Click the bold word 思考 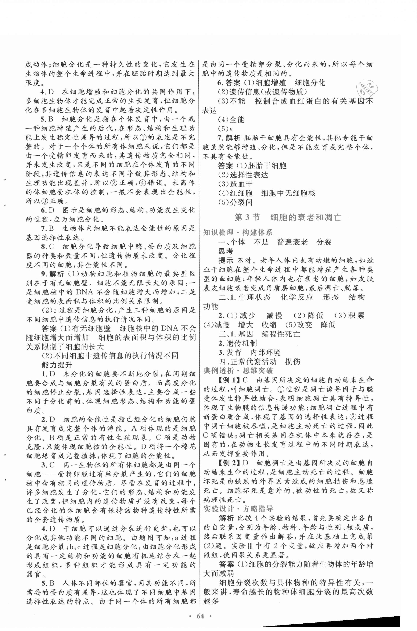click(x=226, y=251)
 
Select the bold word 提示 click(x=226, y=260)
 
